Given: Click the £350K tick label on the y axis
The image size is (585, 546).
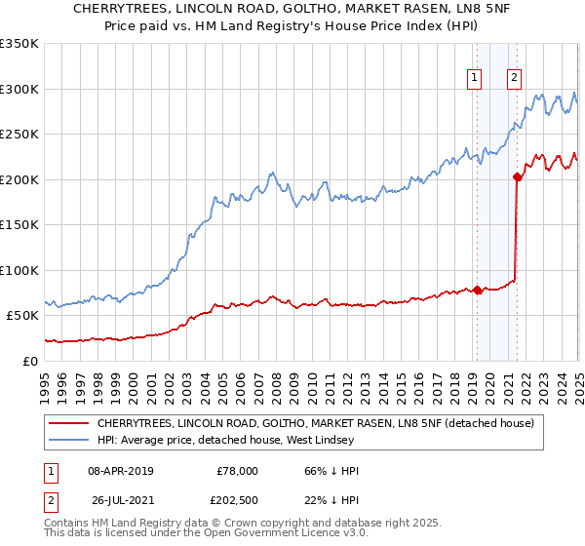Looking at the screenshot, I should coord(19,44).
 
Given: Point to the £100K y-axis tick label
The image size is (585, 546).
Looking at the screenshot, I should coord(19,270).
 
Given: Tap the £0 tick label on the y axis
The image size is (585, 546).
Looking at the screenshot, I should coord(29,361).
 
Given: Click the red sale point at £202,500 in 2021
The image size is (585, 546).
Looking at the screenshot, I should coord(517,176).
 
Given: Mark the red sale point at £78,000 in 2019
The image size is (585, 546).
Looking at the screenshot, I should coord(477,290).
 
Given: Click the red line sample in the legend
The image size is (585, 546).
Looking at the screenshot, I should coord(69,424).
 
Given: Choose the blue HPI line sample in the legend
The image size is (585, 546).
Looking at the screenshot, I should coord(69,442).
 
